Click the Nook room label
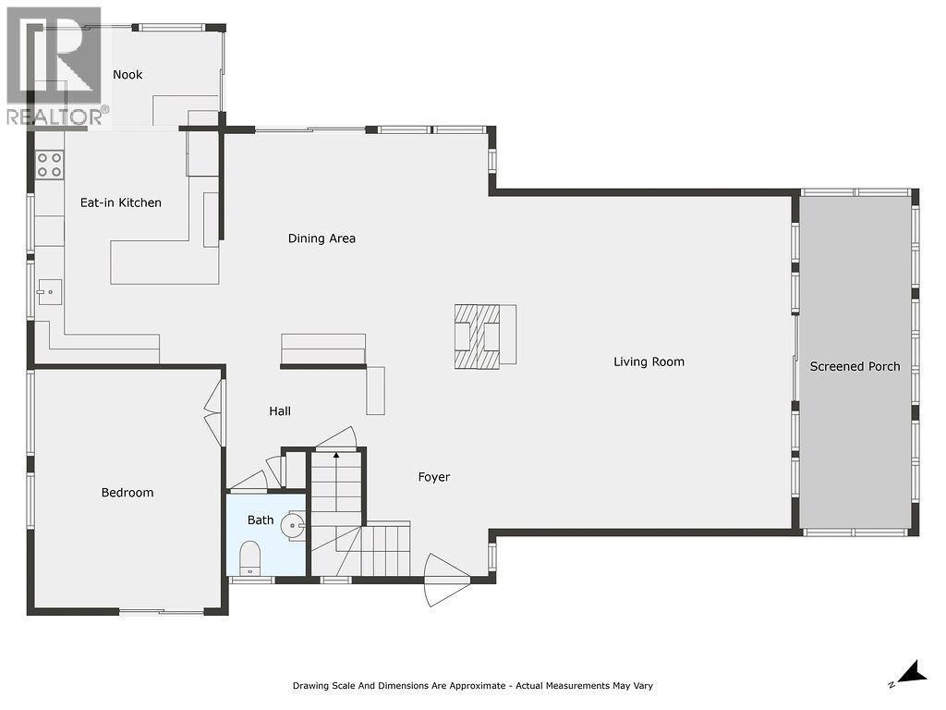127,74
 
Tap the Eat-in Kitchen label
120,202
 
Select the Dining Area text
321,239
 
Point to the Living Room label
649,361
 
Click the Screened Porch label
855,366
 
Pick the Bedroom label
127,493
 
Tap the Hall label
280,411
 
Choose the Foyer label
433,477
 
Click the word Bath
261,520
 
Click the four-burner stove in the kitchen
50,165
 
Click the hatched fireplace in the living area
477,337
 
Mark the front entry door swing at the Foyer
446,580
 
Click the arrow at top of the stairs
336,455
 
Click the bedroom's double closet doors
213,412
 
